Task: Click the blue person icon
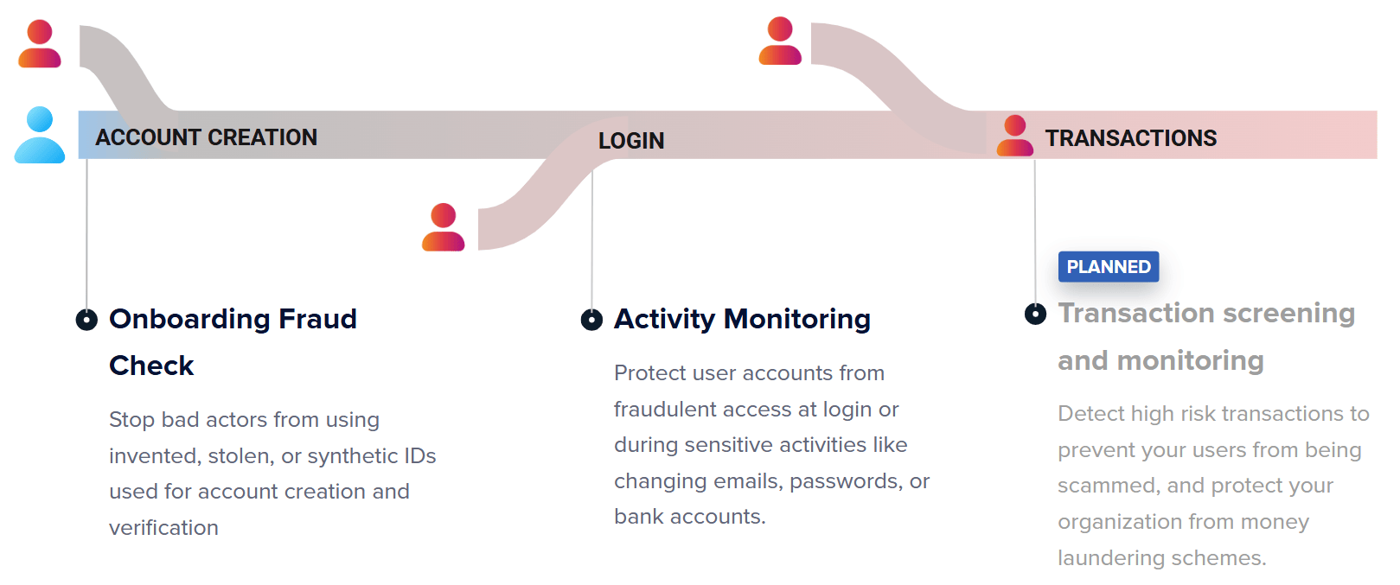tap(40, 136)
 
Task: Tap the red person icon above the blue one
tap(40, 45)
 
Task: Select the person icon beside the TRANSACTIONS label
tap(1014, 136)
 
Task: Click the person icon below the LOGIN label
tap(444, 227)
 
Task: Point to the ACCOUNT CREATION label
tap(206, 137)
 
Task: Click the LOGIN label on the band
tap(631, 141)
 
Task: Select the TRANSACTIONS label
tap(1130, 138)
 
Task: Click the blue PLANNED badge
tap(1108, 267)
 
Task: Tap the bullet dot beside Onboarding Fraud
tap(86, 320)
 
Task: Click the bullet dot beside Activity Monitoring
tap(591, 320)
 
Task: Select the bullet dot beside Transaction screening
tap(1035, 314)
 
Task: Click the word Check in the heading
tap(151, 366)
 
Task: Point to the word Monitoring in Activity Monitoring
tap(796, 320)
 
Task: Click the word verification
tap(163, 528)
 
